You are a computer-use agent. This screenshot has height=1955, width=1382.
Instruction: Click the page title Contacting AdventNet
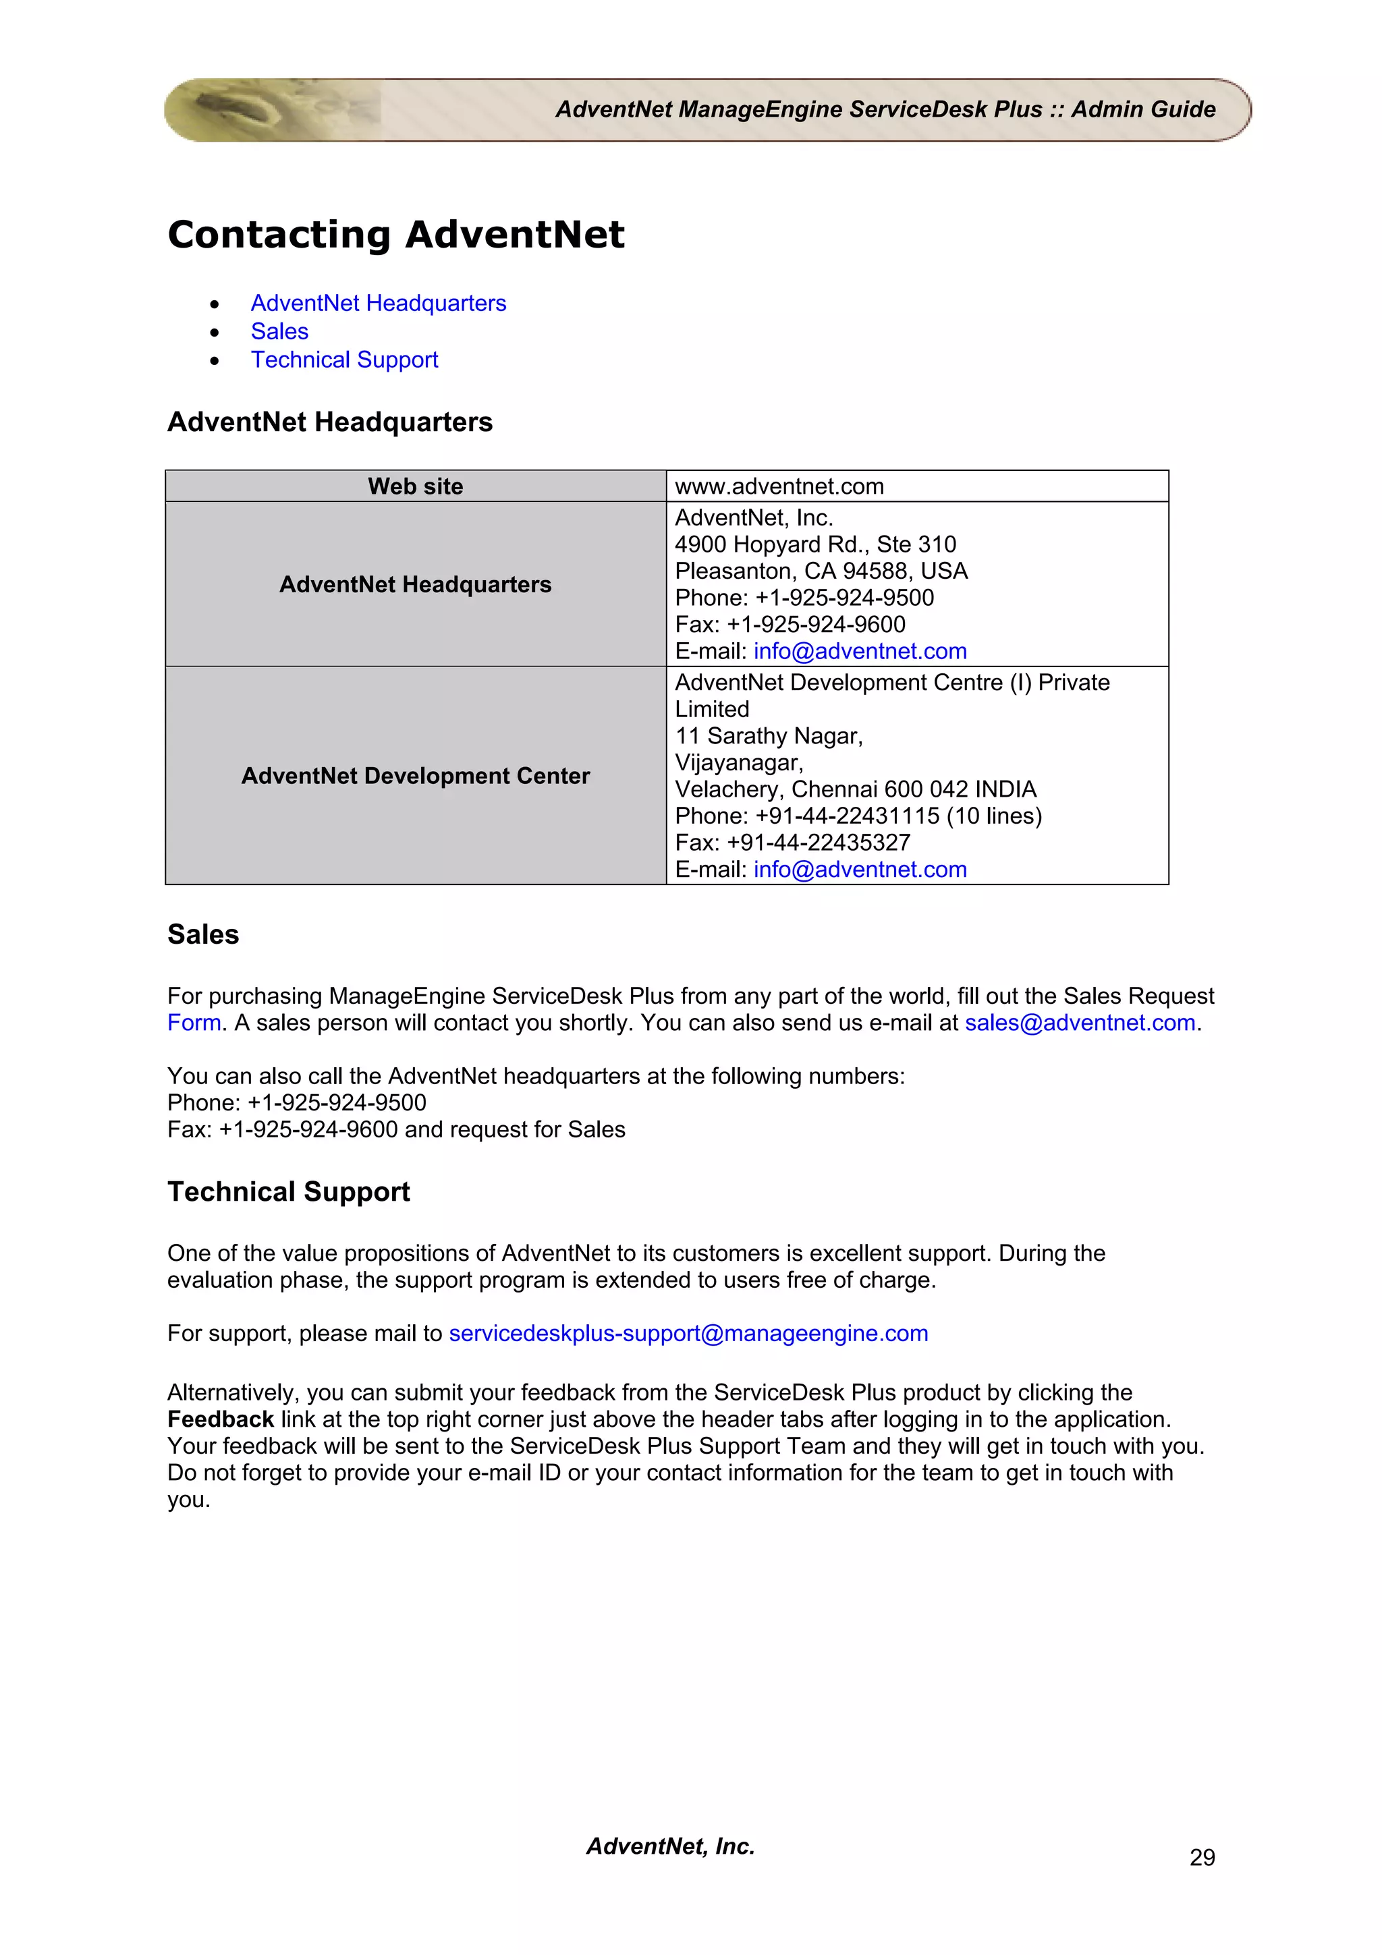click(x=396, y=235)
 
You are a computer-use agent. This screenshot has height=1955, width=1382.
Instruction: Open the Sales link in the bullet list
click(x=279, y=331)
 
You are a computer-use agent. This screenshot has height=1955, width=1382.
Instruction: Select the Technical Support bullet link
click(x=344, y=360)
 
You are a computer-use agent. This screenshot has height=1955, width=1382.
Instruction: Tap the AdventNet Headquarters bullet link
click(x=378, y=303)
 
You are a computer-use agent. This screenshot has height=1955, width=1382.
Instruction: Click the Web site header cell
click(x=416, y=486)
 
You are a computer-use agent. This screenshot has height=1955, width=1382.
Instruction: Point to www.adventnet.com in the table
click(x=779, y=486)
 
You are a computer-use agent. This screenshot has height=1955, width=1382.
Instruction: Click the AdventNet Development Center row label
click(x=416, y=776)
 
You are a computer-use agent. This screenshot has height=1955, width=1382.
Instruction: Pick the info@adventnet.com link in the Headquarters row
click(x=860, y=652)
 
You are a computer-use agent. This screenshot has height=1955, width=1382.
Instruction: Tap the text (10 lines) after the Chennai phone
click(x=995, y=816)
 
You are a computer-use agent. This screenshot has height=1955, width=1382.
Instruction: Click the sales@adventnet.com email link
click(x=1080, y=1023)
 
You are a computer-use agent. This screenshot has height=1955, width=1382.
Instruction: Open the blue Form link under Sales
click(x=194, y=1023)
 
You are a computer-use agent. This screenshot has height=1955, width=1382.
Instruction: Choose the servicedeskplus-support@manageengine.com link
click(x=688, y=1334)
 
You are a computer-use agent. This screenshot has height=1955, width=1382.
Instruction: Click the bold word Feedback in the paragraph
click(x=221, y=1419)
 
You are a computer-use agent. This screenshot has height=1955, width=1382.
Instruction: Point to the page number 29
click(x=1201, y=1857)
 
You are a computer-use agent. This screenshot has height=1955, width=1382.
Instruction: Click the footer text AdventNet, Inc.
click(x=670, y=1846)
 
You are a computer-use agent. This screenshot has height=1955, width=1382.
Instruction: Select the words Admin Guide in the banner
click(x=1142, y=110)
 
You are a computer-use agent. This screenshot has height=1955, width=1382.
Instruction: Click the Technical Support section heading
click(x=289, y=1191)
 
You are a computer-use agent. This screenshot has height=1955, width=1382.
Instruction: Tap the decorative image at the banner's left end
click(x=256, y=110)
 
